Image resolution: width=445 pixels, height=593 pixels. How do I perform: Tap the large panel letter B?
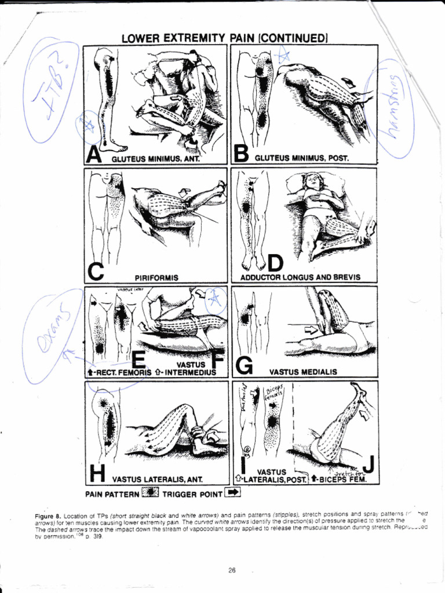240,154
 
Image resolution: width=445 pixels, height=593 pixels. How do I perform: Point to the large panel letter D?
275,263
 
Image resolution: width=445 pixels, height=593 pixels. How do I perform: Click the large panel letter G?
245,365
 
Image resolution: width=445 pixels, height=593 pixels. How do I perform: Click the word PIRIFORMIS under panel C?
156,277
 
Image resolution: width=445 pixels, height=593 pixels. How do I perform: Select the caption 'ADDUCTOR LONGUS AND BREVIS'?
300,277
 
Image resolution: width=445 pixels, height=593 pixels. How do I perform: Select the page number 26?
232,570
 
